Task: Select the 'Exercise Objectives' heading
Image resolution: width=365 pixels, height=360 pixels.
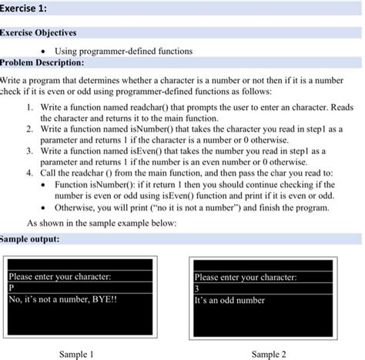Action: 42,35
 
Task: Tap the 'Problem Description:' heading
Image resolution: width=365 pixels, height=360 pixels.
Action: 44,62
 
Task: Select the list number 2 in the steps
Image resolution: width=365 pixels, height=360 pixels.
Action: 28,131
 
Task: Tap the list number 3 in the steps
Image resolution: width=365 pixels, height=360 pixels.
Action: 28,152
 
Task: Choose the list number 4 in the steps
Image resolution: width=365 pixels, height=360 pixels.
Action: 28,173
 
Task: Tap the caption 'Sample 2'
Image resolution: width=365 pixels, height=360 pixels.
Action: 270,353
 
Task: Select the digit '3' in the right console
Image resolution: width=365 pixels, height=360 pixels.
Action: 198,288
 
